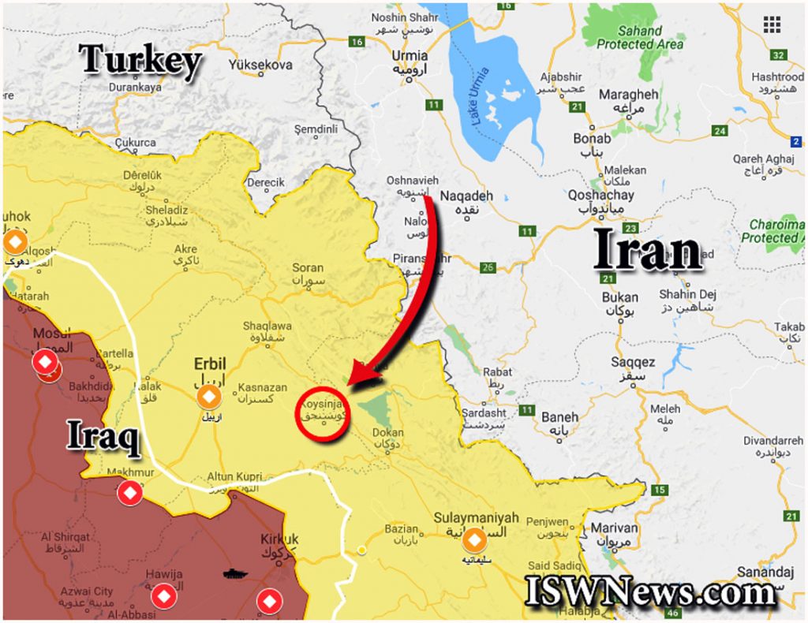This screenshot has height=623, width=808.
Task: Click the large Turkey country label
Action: click(140, 62)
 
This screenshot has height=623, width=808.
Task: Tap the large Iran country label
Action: click(648, 252)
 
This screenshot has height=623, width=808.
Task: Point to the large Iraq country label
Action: click(103, 437)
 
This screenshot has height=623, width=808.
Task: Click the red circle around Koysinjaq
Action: click(322, 415)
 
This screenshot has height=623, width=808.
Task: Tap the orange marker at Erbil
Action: click(210, 397)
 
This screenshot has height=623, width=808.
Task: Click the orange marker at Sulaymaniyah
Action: click(474, 541)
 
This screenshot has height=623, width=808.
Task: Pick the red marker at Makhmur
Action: click(130, 494)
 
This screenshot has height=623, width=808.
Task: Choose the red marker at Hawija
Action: click(164, 596)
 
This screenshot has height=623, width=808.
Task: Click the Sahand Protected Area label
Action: click(640, 38)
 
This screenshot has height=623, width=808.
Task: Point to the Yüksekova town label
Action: click(260, 64)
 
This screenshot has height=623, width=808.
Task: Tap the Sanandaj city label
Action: click(765, 572)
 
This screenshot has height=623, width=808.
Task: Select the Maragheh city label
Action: click(628, 95)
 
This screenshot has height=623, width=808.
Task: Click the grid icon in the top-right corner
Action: click(772, 24)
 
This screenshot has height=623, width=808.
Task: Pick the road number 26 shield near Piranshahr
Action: click(488, 268)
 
